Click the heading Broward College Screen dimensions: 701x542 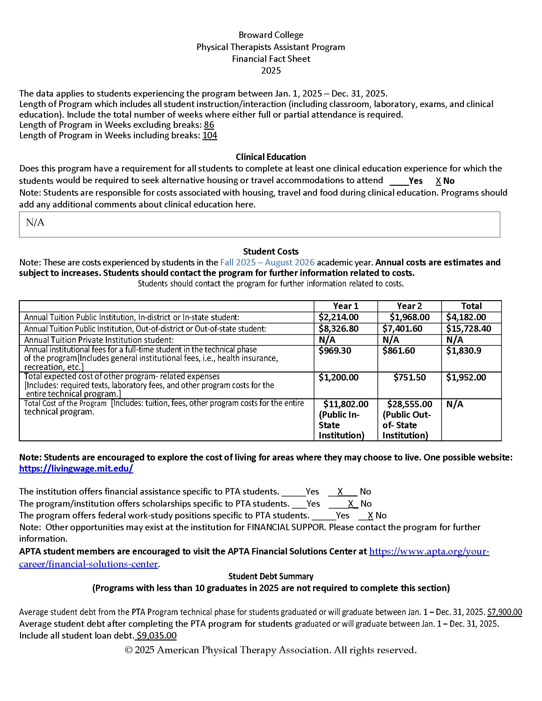[271, 35]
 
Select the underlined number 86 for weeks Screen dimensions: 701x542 [209, 125]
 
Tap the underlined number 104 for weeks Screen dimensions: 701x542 [210, 135]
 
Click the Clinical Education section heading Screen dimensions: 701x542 [271, 157]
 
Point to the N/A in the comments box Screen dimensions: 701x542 [35, 222]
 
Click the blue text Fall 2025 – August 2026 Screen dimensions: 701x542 [267, 263]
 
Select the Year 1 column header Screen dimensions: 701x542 [346, 306]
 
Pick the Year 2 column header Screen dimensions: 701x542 [409, 306]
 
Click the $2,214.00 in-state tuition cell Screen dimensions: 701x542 [338, 317]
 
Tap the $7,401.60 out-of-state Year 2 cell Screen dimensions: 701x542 [402, 329]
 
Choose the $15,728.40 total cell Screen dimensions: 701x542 [468, 329]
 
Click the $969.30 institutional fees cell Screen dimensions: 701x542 [335, 350]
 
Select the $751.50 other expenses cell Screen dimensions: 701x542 [410, 378]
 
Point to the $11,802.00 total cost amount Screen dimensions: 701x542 [346, 404]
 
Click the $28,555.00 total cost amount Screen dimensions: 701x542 [410, 404]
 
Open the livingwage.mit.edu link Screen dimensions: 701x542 [76, 469]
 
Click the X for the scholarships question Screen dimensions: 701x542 [351, 503]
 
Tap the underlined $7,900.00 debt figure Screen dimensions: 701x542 [504, 612]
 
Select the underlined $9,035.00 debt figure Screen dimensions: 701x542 [157, 636]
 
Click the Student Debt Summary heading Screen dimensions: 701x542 [271, 576]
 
